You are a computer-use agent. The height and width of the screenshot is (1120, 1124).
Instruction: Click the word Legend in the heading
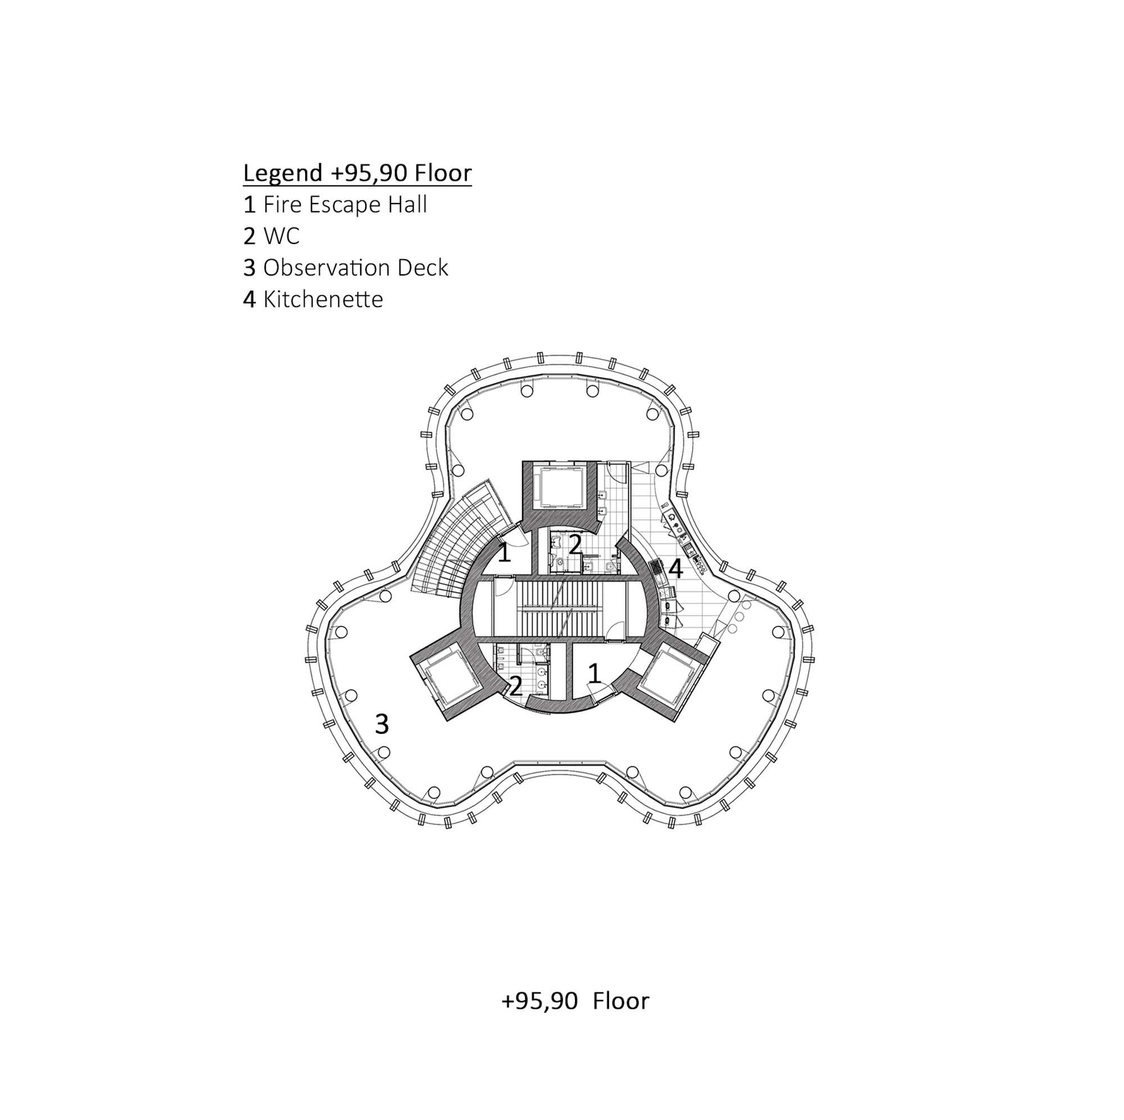(x=283, y=174)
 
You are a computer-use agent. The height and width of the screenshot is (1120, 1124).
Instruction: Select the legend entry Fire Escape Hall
(x=335, y=205)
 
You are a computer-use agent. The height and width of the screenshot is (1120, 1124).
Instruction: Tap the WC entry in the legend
(x=271, y=236)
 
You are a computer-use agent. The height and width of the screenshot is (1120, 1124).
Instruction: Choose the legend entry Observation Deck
(x=346, y=268)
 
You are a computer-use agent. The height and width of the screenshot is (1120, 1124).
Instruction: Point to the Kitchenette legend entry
(x=313, y=299)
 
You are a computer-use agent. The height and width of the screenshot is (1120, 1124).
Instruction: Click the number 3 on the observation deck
(x=382, y=724)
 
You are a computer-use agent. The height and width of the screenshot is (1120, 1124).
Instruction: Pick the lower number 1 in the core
(x=594, y=674)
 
